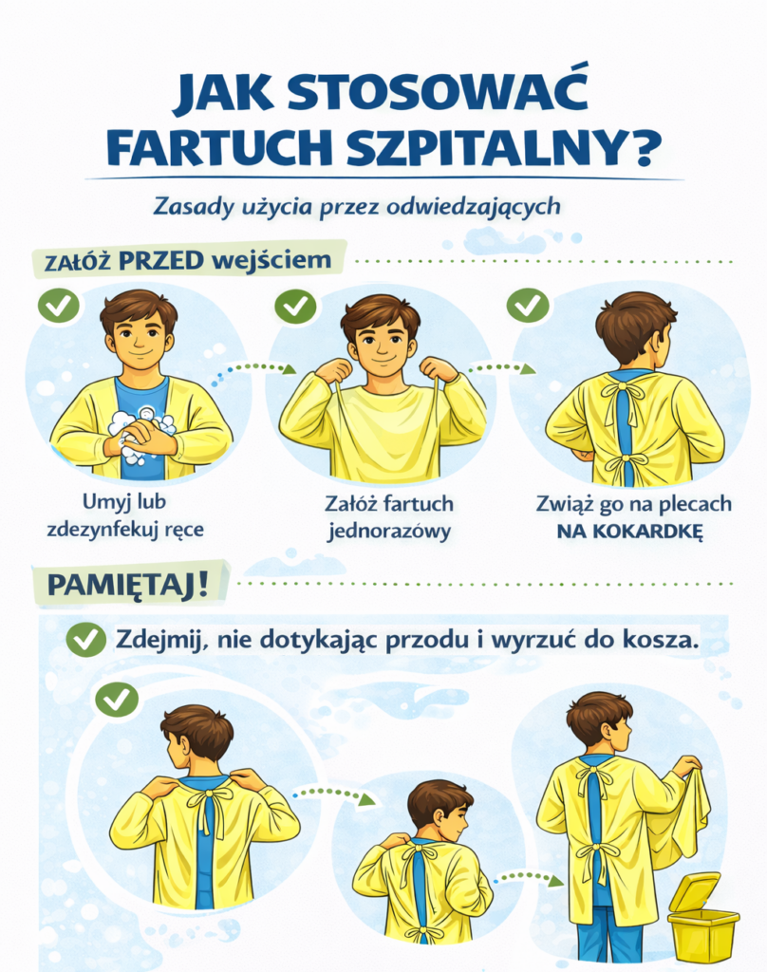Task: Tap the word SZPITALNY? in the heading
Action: pos(501,147)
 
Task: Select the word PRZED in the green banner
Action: pos(160,261)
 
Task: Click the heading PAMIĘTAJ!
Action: pos(128,585)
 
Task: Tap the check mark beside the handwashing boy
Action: pos(59,305)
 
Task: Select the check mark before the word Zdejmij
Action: pos(86,639)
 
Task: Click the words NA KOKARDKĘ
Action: pos(630,532)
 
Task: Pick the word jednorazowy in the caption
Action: pos(389,532)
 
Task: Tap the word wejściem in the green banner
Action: pos(271,260)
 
